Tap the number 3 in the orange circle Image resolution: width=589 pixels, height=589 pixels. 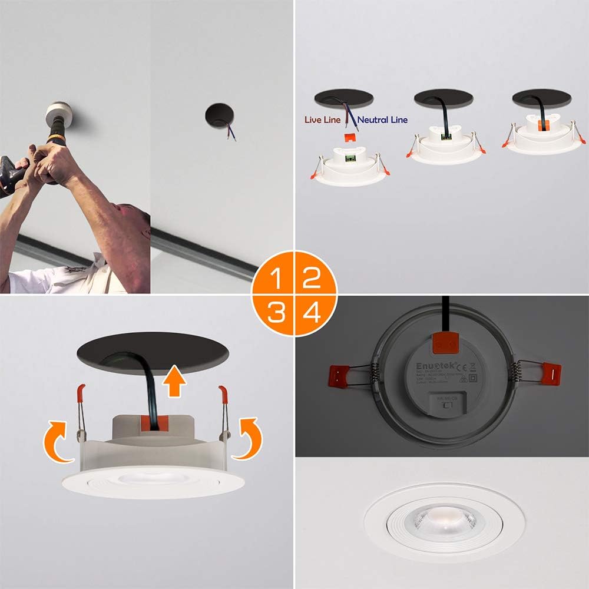click(x=274, y=313)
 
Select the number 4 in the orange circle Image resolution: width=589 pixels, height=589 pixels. click(x=312, y=313)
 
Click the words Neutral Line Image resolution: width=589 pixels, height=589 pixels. click(x=382, y=120)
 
